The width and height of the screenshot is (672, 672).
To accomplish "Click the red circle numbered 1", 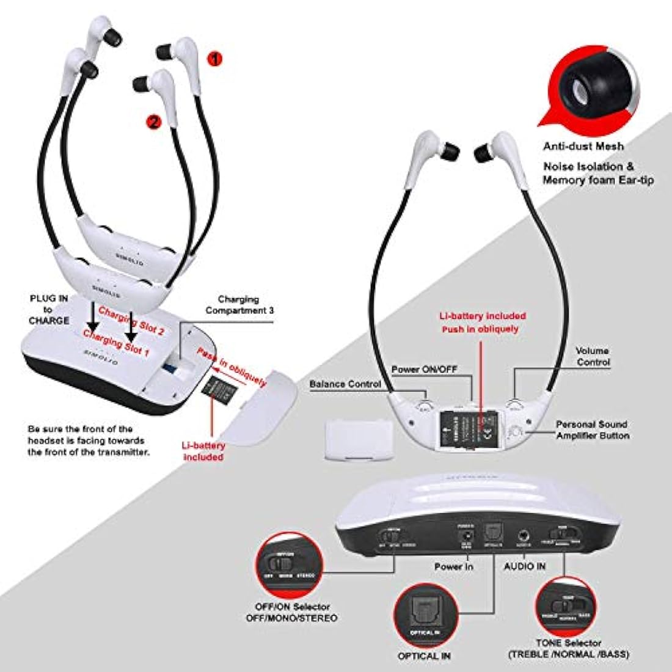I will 215,59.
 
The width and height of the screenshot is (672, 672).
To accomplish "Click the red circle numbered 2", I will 153,122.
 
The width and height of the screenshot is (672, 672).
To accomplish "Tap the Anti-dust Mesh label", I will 584,146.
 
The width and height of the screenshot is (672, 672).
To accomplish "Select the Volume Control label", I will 593,357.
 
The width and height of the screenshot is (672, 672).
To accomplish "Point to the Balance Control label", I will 345,384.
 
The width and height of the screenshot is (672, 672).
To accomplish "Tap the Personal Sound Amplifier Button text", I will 591,429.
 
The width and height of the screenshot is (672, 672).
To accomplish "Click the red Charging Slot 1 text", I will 115,343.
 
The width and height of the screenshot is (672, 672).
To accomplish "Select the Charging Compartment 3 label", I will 239,305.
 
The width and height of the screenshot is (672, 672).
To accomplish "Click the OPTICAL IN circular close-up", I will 425,618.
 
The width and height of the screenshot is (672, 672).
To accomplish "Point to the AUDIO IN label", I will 524,566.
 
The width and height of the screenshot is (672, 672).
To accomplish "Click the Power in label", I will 453,566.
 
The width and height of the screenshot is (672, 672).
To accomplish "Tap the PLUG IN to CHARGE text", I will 48,310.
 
